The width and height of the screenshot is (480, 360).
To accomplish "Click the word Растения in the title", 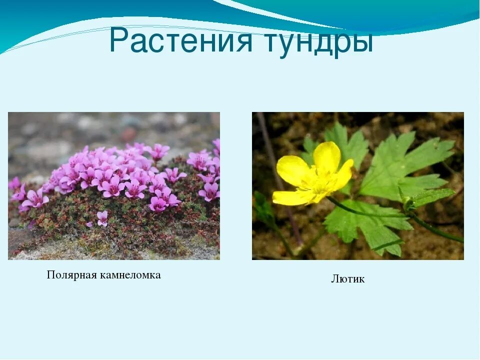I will (x=180, y=41).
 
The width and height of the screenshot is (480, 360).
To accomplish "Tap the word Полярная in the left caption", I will (x=70, y=275).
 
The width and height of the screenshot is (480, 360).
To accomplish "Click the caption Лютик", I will (x=347, y=279).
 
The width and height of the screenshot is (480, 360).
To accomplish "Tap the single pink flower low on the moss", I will (x=102, y=217).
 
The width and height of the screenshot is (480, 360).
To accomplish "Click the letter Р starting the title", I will (x=119, y=41).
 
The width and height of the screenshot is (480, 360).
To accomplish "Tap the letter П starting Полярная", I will (x=50, y=275).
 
